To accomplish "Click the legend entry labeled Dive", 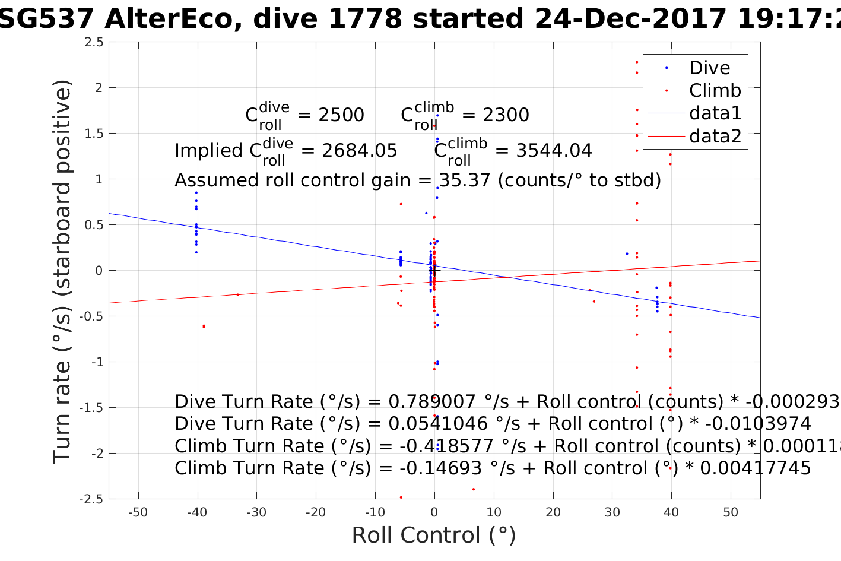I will (709, 68).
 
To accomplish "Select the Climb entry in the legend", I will (715, 91).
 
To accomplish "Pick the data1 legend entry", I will (715, 113).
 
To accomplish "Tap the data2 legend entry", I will (715, 136).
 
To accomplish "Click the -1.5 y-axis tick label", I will (91, 408).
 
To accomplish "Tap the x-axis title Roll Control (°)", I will (434, 535).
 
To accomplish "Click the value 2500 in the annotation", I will (341, 115).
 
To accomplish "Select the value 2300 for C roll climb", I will (506, 115).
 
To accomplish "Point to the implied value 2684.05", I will (360, 151).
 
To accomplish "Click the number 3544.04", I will (554, 151).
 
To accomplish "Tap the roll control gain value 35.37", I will (465, 180).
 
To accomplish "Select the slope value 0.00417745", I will (755, 468).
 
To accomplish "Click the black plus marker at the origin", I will (434, 271).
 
